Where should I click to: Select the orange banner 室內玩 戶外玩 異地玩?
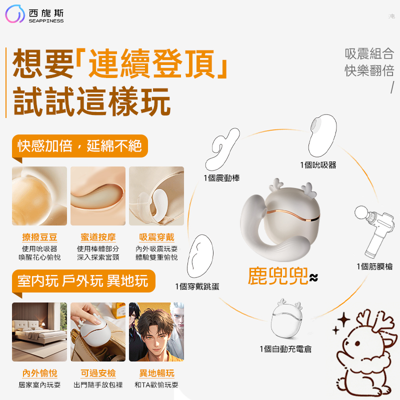[x=83, y=280]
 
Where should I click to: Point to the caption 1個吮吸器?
[x=318, y=164]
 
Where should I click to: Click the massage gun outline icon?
[x=373, y=230]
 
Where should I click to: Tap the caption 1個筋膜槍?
[x=374, y=266]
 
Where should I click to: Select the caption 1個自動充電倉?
[x=285, y=348]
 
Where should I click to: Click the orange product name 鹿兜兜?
[x=277, y=276]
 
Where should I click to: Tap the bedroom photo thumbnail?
[x=39, y=331]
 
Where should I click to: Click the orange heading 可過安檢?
[x=98, y=373]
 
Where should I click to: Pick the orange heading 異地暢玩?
[x=156, y=373]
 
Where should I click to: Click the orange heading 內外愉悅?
[x=39, y=373]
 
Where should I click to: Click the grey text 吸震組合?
[x=369, y=53]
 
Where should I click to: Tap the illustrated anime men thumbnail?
[x=156, y=331]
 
